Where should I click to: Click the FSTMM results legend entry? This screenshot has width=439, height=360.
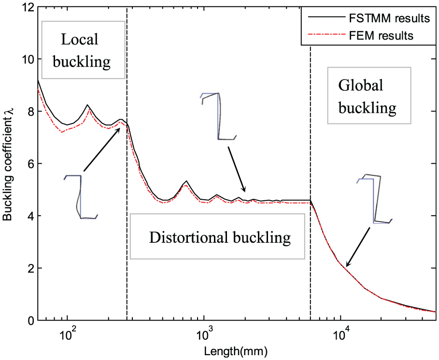[x=369, y=20]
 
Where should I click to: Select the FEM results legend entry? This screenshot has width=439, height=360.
[x=369, y=35]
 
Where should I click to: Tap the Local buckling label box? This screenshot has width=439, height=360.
[x=84, y=50]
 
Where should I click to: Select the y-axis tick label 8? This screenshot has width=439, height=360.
[x=29, y=111]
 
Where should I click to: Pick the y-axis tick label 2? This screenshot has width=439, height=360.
[x=29, y=268]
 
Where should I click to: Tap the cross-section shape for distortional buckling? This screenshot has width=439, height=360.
[x=218, y=116]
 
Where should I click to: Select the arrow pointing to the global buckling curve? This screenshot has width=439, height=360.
[x=358, y=246]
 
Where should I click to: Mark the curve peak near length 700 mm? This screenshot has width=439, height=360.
[x=186, y=181]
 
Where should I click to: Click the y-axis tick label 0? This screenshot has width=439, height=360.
[x=29, y=320]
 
